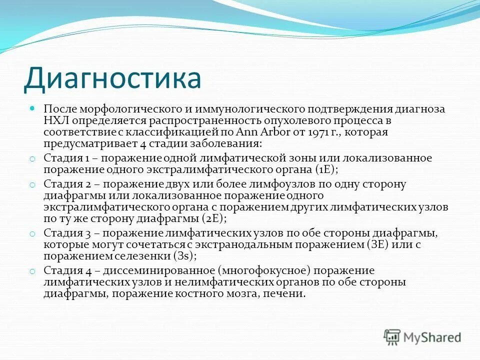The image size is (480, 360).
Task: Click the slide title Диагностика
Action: pyautogui.click(x=113, y=79)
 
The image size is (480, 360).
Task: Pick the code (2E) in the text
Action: pyautogui.click(x=214, y=218)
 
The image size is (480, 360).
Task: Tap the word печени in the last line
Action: pyautogui.click(x=287, y=294)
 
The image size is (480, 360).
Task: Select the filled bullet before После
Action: pyautogui.click(x=32, y=108)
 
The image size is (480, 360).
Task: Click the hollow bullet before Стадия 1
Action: pyautogui.click(x=32, y=159)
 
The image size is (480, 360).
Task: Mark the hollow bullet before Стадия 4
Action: pyautogui.click(x=32, y=271)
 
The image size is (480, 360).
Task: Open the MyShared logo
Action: pyautogui.click(x=422, y=337)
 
